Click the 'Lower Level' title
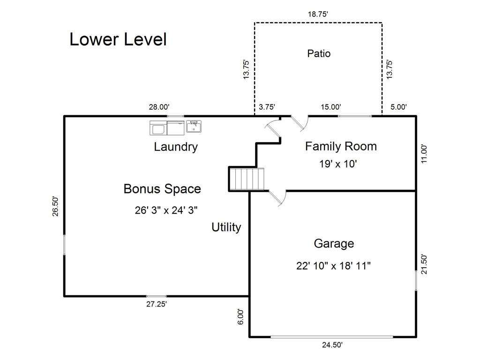[118, 39]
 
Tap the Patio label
[319, 53]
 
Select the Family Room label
[341, 146]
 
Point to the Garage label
[334, 244]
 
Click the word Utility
[226, 227]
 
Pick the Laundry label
[176, 147]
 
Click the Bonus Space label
[162, 189]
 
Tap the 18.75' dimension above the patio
[318, 14]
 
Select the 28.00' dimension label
[159, 107]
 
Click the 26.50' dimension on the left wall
[55, 206]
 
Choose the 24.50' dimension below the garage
[332, 345]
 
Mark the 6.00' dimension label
[241, 317]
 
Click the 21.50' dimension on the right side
[424, 264]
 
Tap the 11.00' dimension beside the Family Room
[424, 154]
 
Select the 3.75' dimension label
[267, 107]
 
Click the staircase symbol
[247, 179]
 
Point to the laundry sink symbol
[194, 127]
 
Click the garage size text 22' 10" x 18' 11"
[333, 266]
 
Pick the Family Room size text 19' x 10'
[338, 164]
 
